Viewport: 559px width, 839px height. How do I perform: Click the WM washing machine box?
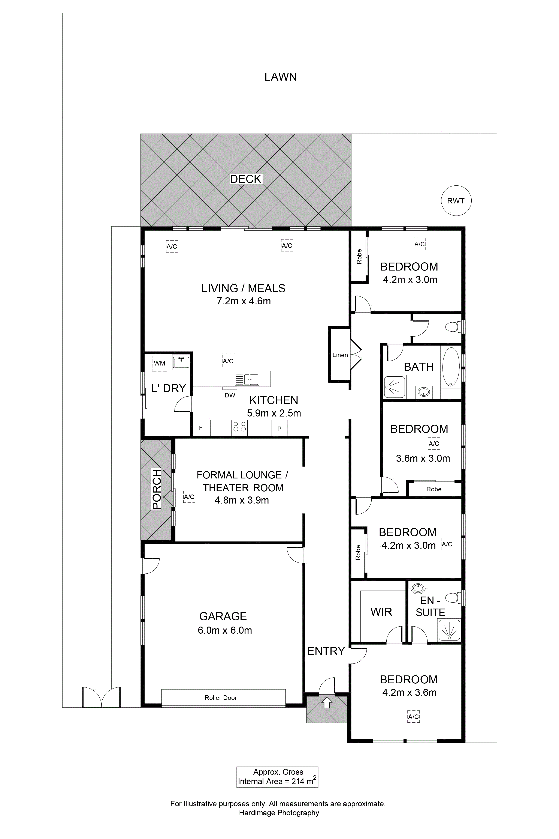(159, 363)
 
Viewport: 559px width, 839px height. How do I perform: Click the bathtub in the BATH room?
(451, 367)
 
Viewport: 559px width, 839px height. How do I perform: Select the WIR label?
(381, 612)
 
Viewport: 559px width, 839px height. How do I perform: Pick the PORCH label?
(157, 489)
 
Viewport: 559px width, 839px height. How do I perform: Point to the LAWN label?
(281, 77)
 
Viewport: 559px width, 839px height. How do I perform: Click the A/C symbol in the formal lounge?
(189, 496)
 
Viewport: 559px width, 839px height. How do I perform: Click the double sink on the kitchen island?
(247, 379)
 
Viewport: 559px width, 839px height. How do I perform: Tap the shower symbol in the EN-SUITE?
(449, 630)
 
